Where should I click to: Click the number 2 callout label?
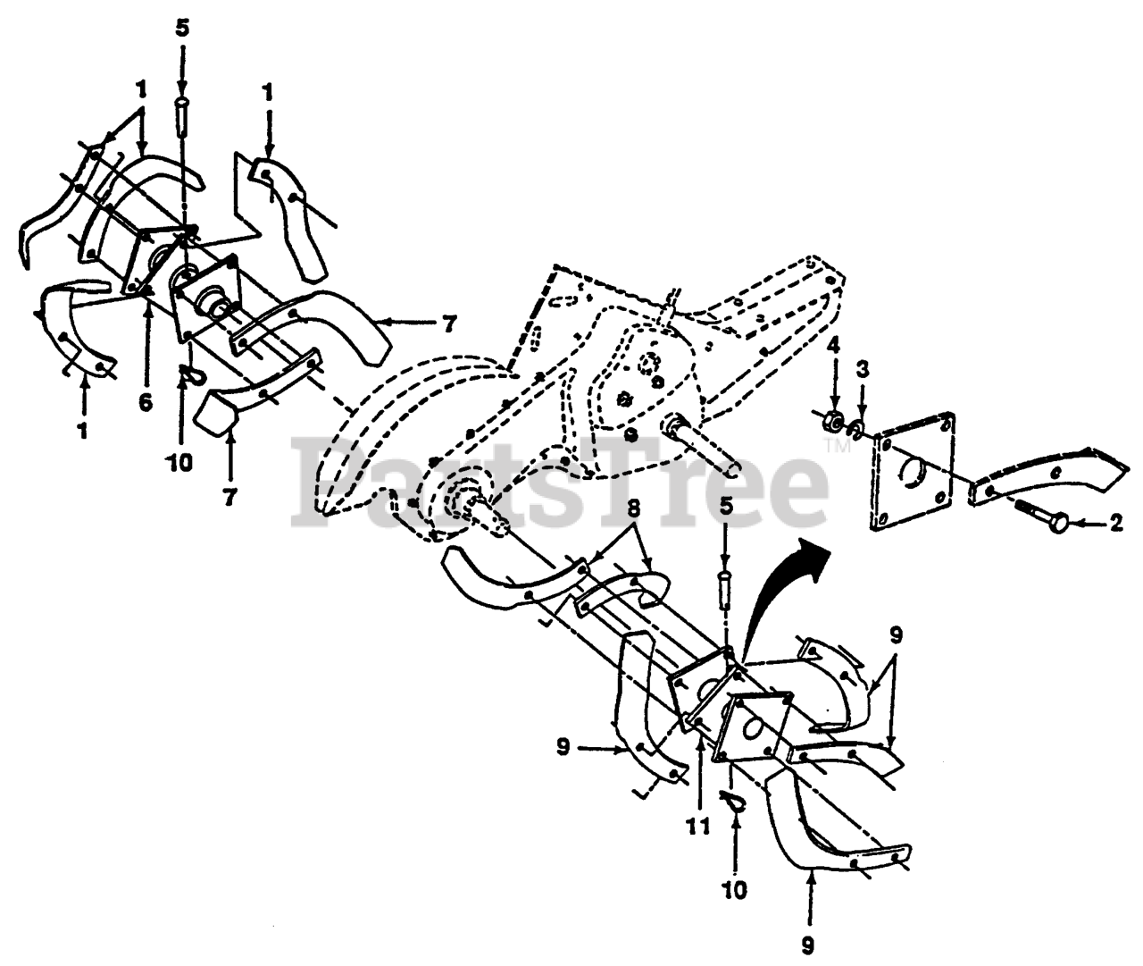click(1115, 525)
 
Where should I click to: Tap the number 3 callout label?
click(863, 368)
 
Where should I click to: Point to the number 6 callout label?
click(146, 404)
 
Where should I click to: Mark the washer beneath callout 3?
click(855, 429)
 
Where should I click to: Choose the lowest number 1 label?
click(82, 431)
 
